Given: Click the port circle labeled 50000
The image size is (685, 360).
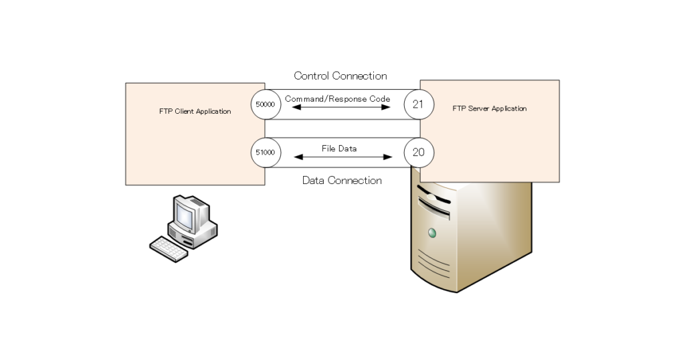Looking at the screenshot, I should pos(266,104).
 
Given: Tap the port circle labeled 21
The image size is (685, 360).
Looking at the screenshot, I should pos(419,104).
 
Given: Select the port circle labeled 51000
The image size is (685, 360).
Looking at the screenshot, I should pos(266,152).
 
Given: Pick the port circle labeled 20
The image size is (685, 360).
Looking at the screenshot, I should pos(419,152).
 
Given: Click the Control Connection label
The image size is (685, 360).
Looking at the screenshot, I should pos(340,76).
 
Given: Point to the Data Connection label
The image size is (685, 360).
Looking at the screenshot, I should pos(342,180).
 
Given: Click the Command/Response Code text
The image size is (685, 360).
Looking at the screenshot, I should pos(337,98).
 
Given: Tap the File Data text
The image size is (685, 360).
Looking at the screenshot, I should pos(339,148).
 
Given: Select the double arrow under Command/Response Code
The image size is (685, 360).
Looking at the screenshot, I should pos(342,107).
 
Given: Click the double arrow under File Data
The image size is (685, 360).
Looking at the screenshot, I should pos(342,157).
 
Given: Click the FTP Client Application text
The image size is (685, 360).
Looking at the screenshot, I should pos(195,111).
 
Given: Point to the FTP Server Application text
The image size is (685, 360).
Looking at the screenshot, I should pos(490,108).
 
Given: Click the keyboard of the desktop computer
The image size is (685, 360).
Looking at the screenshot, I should pos(168,248).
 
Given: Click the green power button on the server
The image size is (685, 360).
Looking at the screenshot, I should pos(432,233).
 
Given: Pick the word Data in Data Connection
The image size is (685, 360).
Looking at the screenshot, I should pos(314,180).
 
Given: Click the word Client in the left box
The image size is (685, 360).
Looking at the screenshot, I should pos(184,111).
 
